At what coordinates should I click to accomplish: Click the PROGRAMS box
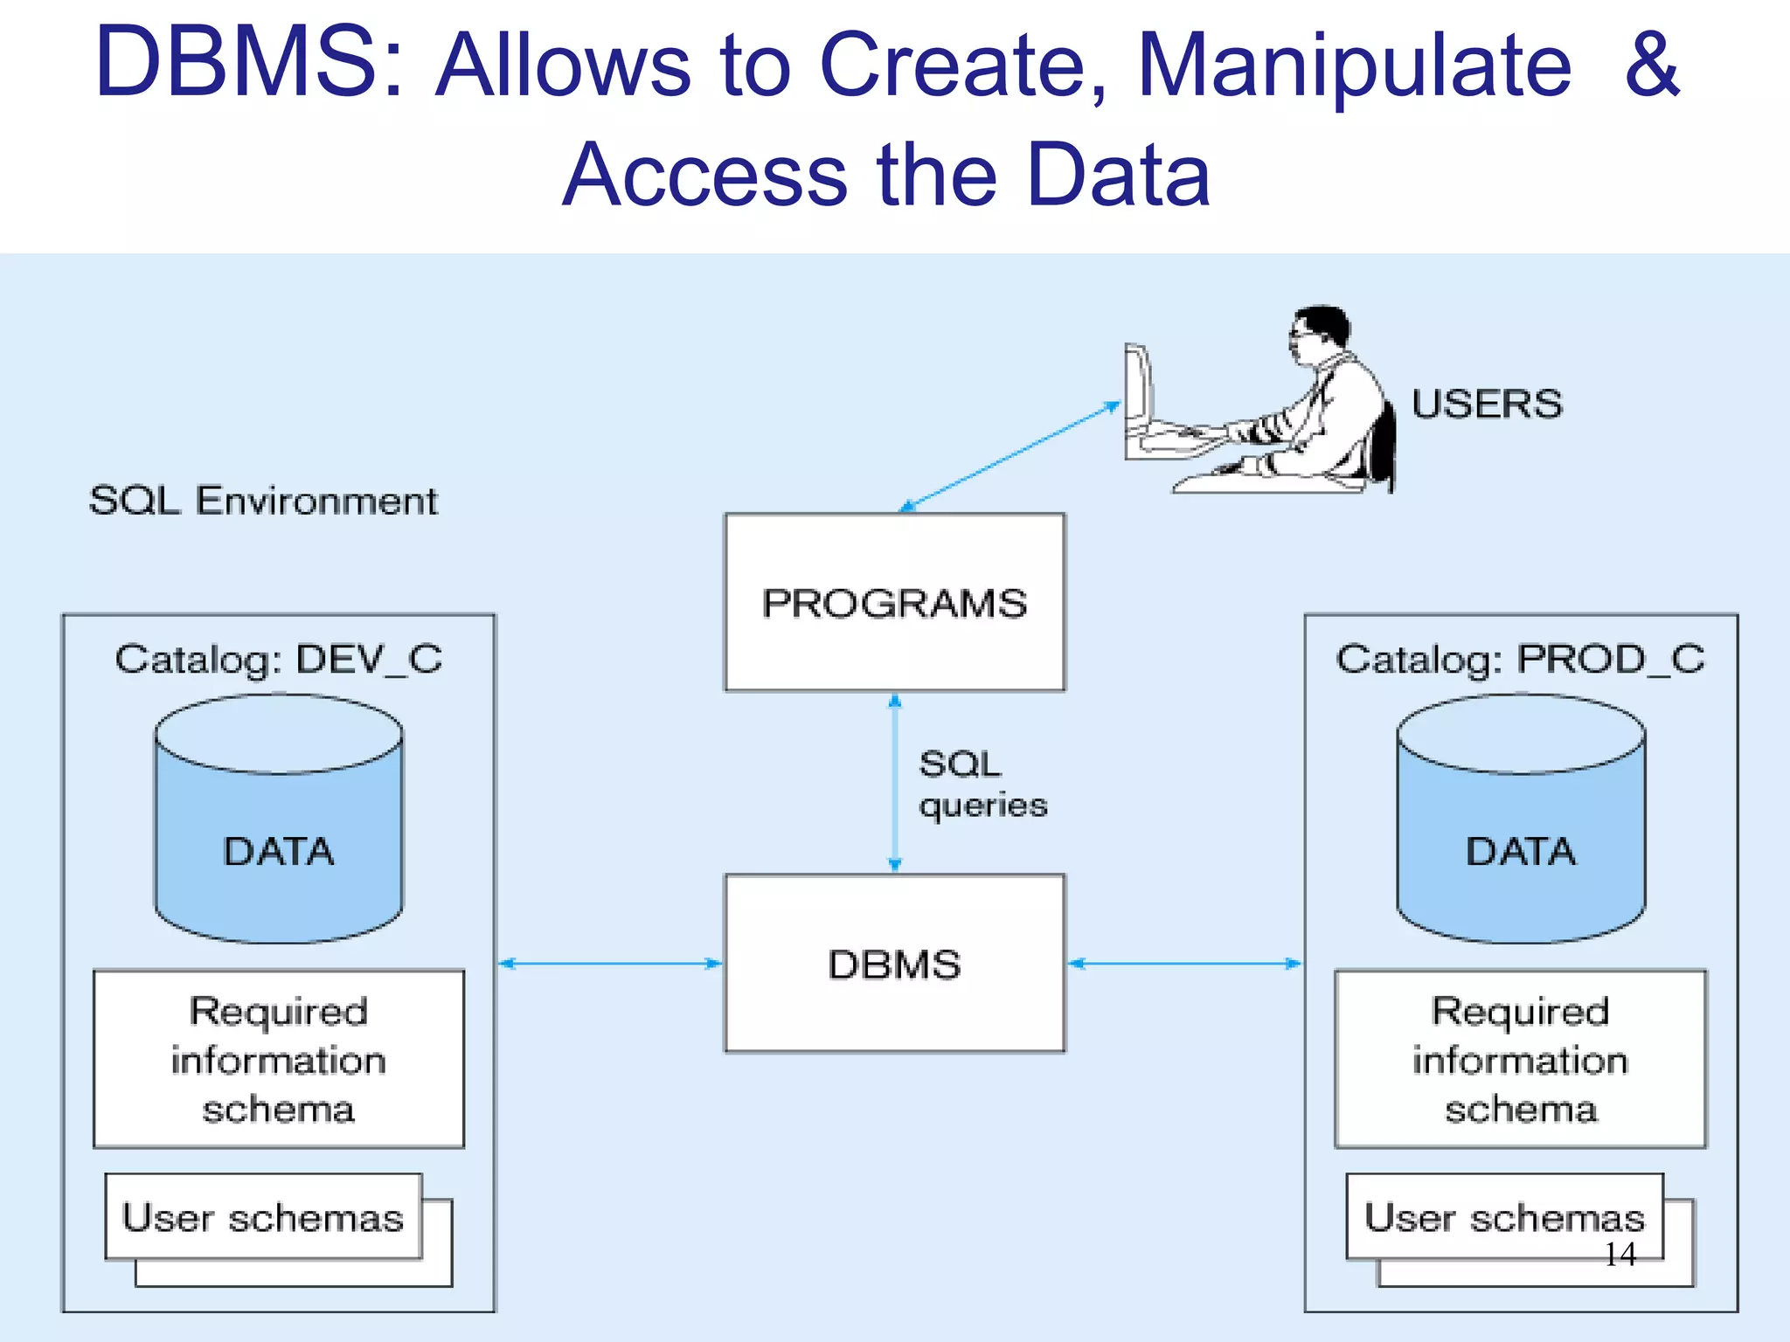(894, 602)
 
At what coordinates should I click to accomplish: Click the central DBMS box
(894, 963)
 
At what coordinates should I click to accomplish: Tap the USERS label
(1486, 405)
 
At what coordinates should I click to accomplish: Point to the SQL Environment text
(262, 501)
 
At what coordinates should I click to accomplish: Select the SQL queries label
(981, 784)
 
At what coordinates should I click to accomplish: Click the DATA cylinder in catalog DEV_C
(279, 839)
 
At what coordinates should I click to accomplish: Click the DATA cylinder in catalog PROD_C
(1521, 839)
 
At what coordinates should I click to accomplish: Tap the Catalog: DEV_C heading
(279, 659)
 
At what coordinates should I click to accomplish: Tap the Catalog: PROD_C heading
(1520, 659)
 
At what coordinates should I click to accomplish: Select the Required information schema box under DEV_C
(279, 1059)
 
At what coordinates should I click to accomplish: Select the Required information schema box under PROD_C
(1520, 1059)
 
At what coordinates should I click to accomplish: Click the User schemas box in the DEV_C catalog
(263, 1216)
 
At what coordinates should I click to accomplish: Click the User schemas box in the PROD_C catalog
(1503, 1216)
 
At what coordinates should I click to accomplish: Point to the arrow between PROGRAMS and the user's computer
(1009, 455)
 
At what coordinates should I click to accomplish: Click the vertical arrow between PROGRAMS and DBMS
(894, 783)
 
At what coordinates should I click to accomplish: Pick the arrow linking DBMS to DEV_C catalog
(610, 963)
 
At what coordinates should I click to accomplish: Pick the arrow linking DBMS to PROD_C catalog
(1184, 963)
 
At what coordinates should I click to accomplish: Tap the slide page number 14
(1620, 1255)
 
